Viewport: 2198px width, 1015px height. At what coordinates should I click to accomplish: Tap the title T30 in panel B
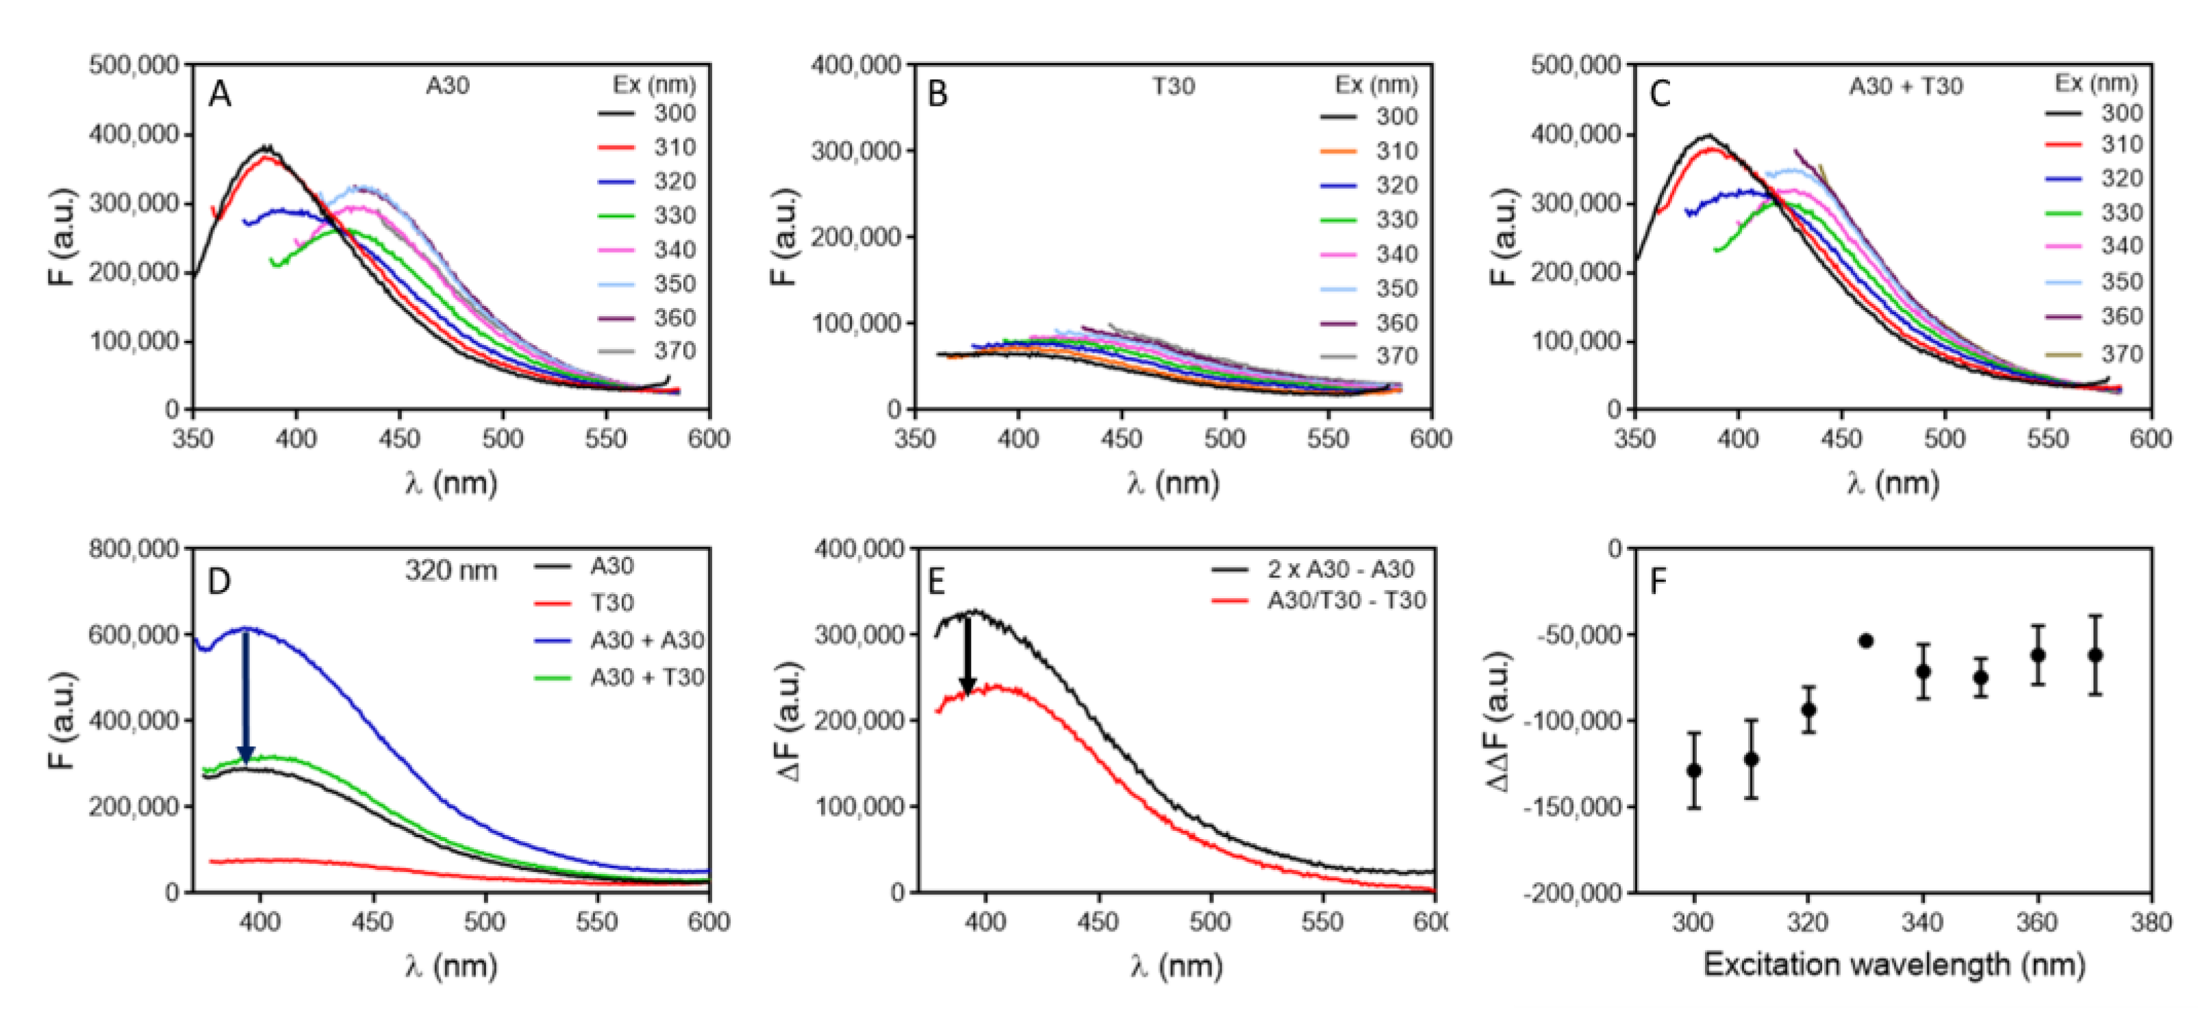(1173, 86)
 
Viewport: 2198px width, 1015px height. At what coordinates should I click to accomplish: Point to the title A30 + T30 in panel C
(1906, 86)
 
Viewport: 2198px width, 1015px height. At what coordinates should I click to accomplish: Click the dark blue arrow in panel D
(246, 695)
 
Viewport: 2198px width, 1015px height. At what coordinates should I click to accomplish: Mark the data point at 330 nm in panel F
(1866, 641)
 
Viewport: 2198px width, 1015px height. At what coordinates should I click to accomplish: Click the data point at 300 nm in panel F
(1694, 770)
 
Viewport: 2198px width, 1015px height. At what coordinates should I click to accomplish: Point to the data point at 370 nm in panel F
(2095, 655)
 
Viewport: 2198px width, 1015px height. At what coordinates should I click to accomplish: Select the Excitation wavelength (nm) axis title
(1894, 964)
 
